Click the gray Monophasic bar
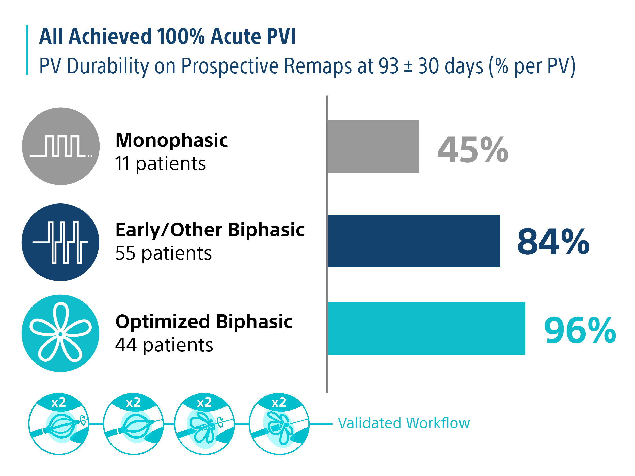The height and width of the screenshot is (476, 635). [x=373, y=146]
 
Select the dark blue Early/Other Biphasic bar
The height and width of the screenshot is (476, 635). [x=414, y=241]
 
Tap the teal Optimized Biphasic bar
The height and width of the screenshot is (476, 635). [x=426, y=329]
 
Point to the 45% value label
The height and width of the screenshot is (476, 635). [x=473, y=149]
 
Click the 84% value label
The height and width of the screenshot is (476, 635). [x=553, y=242]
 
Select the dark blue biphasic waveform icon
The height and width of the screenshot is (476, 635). [x=60, y=242]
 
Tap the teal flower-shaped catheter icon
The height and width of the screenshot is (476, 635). [x=60, y=333]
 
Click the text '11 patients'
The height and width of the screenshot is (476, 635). [x=161, y=164]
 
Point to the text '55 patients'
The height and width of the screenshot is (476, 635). [x=164, y=254]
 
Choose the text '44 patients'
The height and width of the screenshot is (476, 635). [x=164, y=345]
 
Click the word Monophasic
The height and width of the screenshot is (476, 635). [x=172, y=141]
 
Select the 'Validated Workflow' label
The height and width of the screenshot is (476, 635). [x=404, y=423]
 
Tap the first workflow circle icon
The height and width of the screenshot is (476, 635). [x=59, y=424]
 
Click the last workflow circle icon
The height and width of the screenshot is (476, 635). [x=279, y=424]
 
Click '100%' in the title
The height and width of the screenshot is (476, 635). [x=181, y=37]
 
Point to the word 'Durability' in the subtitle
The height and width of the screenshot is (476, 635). [x=108, y=66]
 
